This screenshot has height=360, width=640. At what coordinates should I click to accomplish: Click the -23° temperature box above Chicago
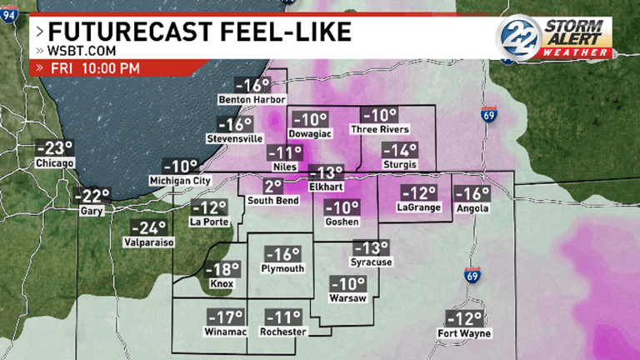pos(55,148)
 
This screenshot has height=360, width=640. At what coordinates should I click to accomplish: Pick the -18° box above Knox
pos(222,269)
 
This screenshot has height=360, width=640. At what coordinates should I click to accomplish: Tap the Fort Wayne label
pos(464,334)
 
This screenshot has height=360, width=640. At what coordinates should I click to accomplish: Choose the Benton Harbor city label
pos(246,101)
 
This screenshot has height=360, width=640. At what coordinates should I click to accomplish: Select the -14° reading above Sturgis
pos(399,150)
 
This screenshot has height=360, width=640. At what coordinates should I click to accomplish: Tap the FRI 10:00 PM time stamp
pos(93,67)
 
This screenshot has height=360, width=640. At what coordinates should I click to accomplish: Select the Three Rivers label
pos(380,130)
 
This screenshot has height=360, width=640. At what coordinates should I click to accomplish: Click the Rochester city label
pos(283,332)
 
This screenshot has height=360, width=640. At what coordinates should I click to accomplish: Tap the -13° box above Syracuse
pos(371,247)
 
